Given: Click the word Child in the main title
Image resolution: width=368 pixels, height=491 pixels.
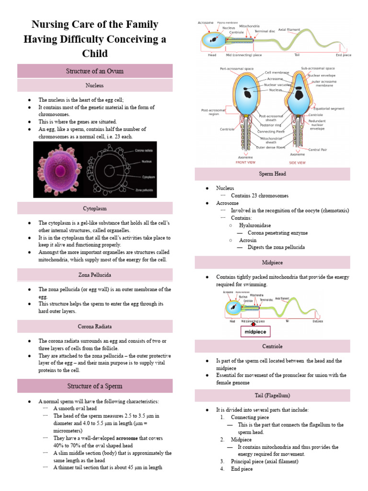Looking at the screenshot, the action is (x=95, y=53).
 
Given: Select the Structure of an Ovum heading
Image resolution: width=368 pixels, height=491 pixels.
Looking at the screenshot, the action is (x=95, y=71).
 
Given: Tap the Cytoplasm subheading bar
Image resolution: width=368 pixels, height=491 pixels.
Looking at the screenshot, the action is (x=95, y=209).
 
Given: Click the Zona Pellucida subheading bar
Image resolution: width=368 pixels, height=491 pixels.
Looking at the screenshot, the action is (x=95, y=275).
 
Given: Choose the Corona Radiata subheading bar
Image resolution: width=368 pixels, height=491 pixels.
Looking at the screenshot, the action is (x=95, y=327).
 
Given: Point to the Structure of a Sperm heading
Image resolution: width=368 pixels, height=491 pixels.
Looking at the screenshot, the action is (x=95, y=386).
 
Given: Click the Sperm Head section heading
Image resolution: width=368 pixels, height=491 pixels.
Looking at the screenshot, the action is (x=272, y=174).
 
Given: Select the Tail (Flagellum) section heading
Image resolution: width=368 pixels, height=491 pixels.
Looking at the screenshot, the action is (x=272, y=396).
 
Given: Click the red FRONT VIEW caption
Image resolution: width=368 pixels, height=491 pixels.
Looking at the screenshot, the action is (x=246, y=163).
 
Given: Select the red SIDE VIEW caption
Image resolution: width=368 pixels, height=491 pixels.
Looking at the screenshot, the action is (x=298, y=163).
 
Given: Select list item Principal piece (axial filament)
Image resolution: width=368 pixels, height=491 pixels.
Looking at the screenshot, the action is (x=265, y=461).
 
